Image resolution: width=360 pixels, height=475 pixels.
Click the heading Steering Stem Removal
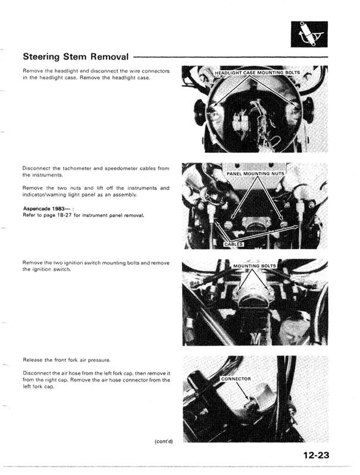click(76, 57)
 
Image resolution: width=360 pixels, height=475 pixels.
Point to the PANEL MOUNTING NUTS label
click(256, 173)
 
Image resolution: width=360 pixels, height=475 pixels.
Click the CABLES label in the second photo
click(233, 244)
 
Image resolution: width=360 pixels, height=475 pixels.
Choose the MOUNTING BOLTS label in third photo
click(255, 266)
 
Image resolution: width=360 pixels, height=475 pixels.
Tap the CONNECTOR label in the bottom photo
click(236, 379)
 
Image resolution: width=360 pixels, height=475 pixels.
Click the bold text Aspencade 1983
click(43, 208)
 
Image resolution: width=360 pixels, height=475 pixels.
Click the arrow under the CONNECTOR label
click(239, 391)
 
